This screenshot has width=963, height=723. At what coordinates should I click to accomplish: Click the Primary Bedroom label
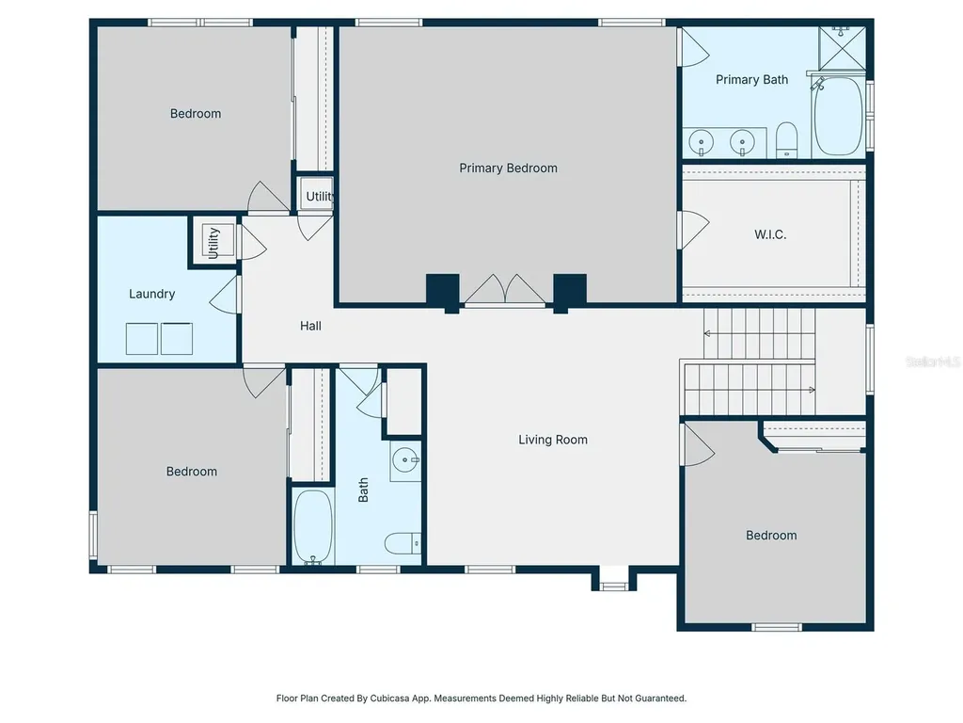pyautogui.click(x=508, y=168)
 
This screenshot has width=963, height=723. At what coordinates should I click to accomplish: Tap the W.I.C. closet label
pyautogui.click(x=770, y=234)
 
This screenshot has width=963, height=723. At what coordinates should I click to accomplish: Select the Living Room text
pyautogui.click(x=553, y=440)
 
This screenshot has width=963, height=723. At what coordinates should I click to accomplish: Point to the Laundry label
pyautogui.click(x=151, y=294)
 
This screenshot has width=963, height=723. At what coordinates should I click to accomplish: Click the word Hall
pyautogui.click(x=310, y=326)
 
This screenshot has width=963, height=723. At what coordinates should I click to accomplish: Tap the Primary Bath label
pyautogui.click(x=751, y=80)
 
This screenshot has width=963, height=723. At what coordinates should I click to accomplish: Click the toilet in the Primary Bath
pyautogui.click(x=787, y=140)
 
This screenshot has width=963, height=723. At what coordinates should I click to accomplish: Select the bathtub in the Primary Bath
pyautogui.click(x=839, y=116)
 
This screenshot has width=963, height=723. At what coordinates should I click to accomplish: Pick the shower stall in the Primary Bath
pyautogui.click(x=842, y=48)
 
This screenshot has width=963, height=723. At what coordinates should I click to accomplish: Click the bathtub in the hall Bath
pyautogui.click(x=312, y=526)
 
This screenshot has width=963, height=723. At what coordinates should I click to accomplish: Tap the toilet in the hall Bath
pyautogui.click(x=403, y=543)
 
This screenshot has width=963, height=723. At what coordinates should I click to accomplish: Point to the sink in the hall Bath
pyautogui.click(x=405, y=460)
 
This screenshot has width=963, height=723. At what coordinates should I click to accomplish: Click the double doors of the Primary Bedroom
pyautogui.click(x=504, y=289)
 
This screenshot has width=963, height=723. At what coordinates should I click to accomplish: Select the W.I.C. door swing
pyautogui.click(x=693, y=230)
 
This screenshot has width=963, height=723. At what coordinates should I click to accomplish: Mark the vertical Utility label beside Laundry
pyautogui.click(x=213, y=242)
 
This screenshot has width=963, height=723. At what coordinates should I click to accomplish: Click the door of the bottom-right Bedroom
pyautogui.click(x=697, y=444)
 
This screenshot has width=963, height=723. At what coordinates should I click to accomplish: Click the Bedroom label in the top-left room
pyautogui.click(x=196, y=114)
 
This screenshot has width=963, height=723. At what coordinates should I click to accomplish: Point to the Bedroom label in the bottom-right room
pyautogui.click(x=771, y=536)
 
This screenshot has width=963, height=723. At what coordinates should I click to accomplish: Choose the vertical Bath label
pyautogui.click(x=363, y=490)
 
